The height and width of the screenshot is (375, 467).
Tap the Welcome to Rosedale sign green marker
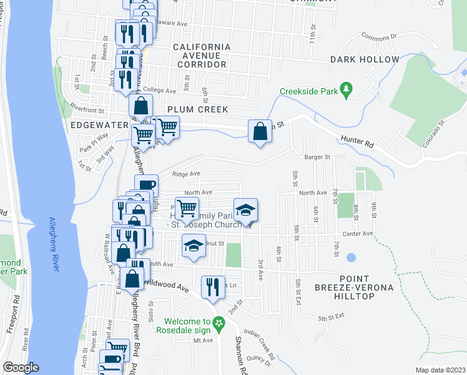click(219, 324)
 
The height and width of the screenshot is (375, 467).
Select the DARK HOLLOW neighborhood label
click(365, 60)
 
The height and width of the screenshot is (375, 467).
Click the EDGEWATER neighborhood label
click(99, 125)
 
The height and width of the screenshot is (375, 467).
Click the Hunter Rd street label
click(356, 143)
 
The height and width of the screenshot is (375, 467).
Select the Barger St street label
click(317, 157)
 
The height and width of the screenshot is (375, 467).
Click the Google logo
click(21, 367)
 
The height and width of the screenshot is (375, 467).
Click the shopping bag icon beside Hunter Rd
click(260, 132)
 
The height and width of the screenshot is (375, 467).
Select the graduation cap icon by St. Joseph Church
click(246, 211)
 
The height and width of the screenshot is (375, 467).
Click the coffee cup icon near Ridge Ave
click(146, 186)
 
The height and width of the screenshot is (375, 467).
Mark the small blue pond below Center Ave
click(351, 257)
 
